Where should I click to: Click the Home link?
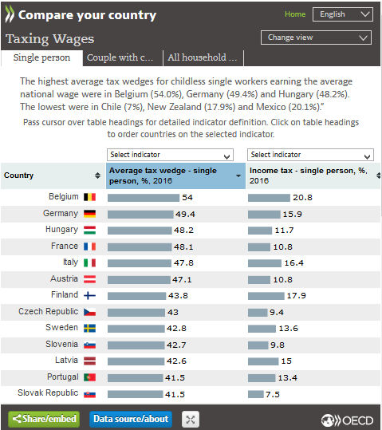(295, 14)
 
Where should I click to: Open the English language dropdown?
(342, 14)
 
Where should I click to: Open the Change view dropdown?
(316, 37)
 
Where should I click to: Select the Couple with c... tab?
(120, 57)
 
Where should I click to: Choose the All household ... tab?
(203, 57)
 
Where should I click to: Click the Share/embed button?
(44, 419)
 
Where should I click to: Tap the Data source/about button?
(131, 419)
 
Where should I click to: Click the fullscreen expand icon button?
(191, 420)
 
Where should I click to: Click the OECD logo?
(347, 420)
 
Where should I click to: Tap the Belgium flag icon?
(89, 197)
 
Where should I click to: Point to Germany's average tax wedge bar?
(140, 214)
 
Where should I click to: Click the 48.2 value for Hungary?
(183, 230)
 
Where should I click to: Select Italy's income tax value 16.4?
(293, 263)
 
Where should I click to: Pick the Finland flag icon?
(89, 295)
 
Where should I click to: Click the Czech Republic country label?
(49, 311)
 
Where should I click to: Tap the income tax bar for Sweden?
(262, 329)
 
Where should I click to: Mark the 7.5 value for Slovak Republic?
(273, 394)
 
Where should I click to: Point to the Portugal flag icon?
(89, 377)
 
